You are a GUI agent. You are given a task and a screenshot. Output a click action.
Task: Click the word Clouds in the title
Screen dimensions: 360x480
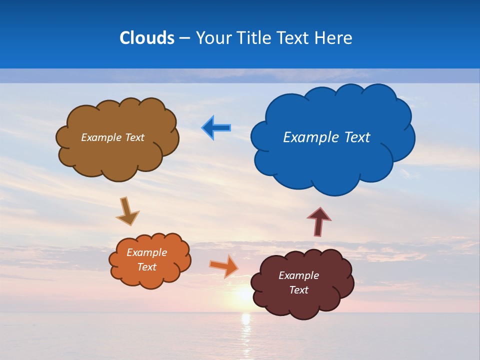[x=147, y=38]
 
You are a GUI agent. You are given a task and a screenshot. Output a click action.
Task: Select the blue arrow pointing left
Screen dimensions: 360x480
[x=216, y=128]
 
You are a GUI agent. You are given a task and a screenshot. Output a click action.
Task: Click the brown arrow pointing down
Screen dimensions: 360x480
[x=127, y=211]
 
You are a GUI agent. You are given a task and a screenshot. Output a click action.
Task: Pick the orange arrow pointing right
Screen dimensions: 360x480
[x=224, y=265]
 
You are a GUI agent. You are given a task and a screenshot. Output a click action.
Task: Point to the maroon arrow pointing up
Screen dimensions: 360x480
[x=319, y=221]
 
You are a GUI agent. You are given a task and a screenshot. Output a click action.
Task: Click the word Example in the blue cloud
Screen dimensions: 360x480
[x=305, y=137]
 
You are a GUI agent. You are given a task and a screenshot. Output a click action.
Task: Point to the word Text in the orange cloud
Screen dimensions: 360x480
[x=146, y=267]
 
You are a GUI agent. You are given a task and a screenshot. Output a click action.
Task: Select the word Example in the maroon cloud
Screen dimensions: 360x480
[x=298, y=275]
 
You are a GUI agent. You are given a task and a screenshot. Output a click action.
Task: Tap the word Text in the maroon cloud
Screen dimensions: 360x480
[x=298, y=290]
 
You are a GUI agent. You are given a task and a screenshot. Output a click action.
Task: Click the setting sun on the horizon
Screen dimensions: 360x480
[x=244, y=295]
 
